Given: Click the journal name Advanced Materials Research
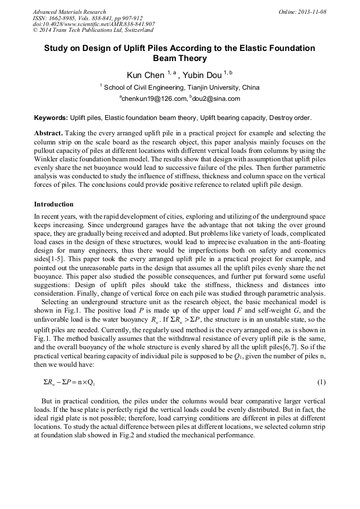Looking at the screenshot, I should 69,12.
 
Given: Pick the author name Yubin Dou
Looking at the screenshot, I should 202,75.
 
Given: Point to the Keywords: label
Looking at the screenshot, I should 51,117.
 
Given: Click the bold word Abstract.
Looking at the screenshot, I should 49,133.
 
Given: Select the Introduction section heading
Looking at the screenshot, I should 54,204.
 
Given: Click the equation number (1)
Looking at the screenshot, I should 321,382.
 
